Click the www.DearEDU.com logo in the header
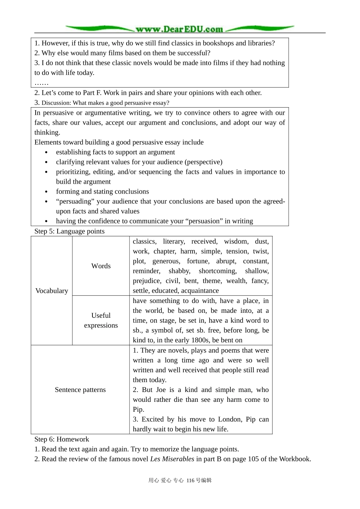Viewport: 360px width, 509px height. pyautogui.click(x=179, y=29)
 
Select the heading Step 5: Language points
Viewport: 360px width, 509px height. pyautogui.click(x=69, y=231)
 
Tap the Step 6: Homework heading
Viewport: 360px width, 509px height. pyautogui.click(x=62, y=439)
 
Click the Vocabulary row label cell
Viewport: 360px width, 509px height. pyautogui.click(x=52, y=291)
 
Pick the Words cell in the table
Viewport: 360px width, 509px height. pyautogui.click(x=101, y=266)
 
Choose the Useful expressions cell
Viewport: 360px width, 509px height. pyautogui.click(x=101, y=320)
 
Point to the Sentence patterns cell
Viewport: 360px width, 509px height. pyautogui.click(x=80, y=390)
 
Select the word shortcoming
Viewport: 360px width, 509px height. pyautogui.click(x=218, y=271)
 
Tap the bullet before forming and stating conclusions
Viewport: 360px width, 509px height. pyautogui.click(x=46, y=192)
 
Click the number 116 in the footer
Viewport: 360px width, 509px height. pyautogui.click(x=190, y=481)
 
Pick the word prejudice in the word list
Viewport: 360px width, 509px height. pyautogui.click(x=147, y=281)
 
